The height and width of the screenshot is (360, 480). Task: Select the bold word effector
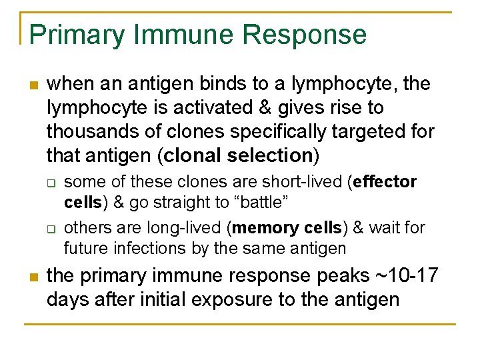click(x=387, y=182)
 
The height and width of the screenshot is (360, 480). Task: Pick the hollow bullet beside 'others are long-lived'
click(x=50, y=229)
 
